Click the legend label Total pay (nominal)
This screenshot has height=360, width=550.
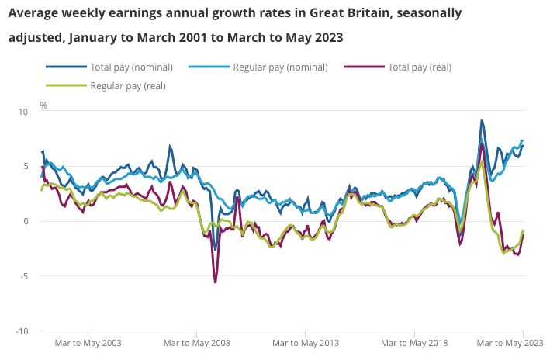[x=131, y=67]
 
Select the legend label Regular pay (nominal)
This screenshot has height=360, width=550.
[x=279, y=67]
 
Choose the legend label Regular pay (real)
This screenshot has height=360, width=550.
[x=127, y=85]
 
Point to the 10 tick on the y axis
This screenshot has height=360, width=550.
[x=22, y=112]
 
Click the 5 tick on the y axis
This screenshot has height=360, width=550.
[x=25, y=167]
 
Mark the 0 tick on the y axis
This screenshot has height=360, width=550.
[x=25, y=222]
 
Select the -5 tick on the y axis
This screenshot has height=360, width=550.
[x=23, y=276]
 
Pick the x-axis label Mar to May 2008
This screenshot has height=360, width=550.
[x=198, y=342]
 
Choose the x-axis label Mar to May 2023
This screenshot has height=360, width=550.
[x=510, y=342]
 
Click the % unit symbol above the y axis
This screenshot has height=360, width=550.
[x=43, y=105]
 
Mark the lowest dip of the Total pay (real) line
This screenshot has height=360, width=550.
[x=215, y=282]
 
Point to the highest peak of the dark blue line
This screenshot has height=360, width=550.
[x=482, y=121]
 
